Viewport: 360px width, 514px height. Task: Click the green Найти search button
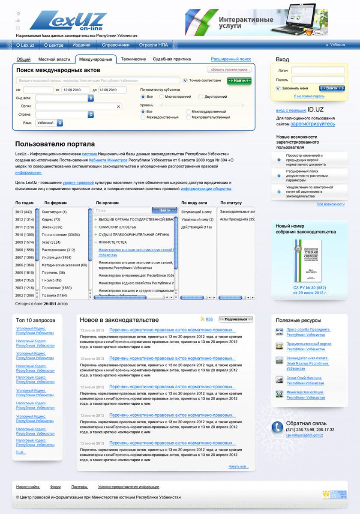click(x=239, y=81)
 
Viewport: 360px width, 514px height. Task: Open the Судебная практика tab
click(x=172, y=59)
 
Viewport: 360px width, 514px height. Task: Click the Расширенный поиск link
click(x=231, y=59)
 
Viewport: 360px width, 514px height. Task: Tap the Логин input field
click(x=318, y=70)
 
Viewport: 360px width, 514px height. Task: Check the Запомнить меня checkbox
click(x=278, y=89)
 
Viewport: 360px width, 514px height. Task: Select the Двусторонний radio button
click(x=200, y=97)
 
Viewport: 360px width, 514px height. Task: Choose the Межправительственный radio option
click(x=189, y=117)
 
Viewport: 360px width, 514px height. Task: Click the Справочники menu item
click(x=116, y=45)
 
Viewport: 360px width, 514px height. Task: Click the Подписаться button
click(x=236, y=319)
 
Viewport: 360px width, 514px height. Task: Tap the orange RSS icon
click(x=203, y=320)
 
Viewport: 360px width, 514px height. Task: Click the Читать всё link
click(x=238, y=466)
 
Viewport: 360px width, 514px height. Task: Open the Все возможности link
click(x=330, y=204)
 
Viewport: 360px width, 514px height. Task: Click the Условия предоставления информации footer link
click(x=129, y=487)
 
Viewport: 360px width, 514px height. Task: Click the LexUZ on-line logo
click(x=69, y=21)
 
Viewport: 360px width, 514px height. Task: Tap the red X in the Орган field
click(x=119, y=106)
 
